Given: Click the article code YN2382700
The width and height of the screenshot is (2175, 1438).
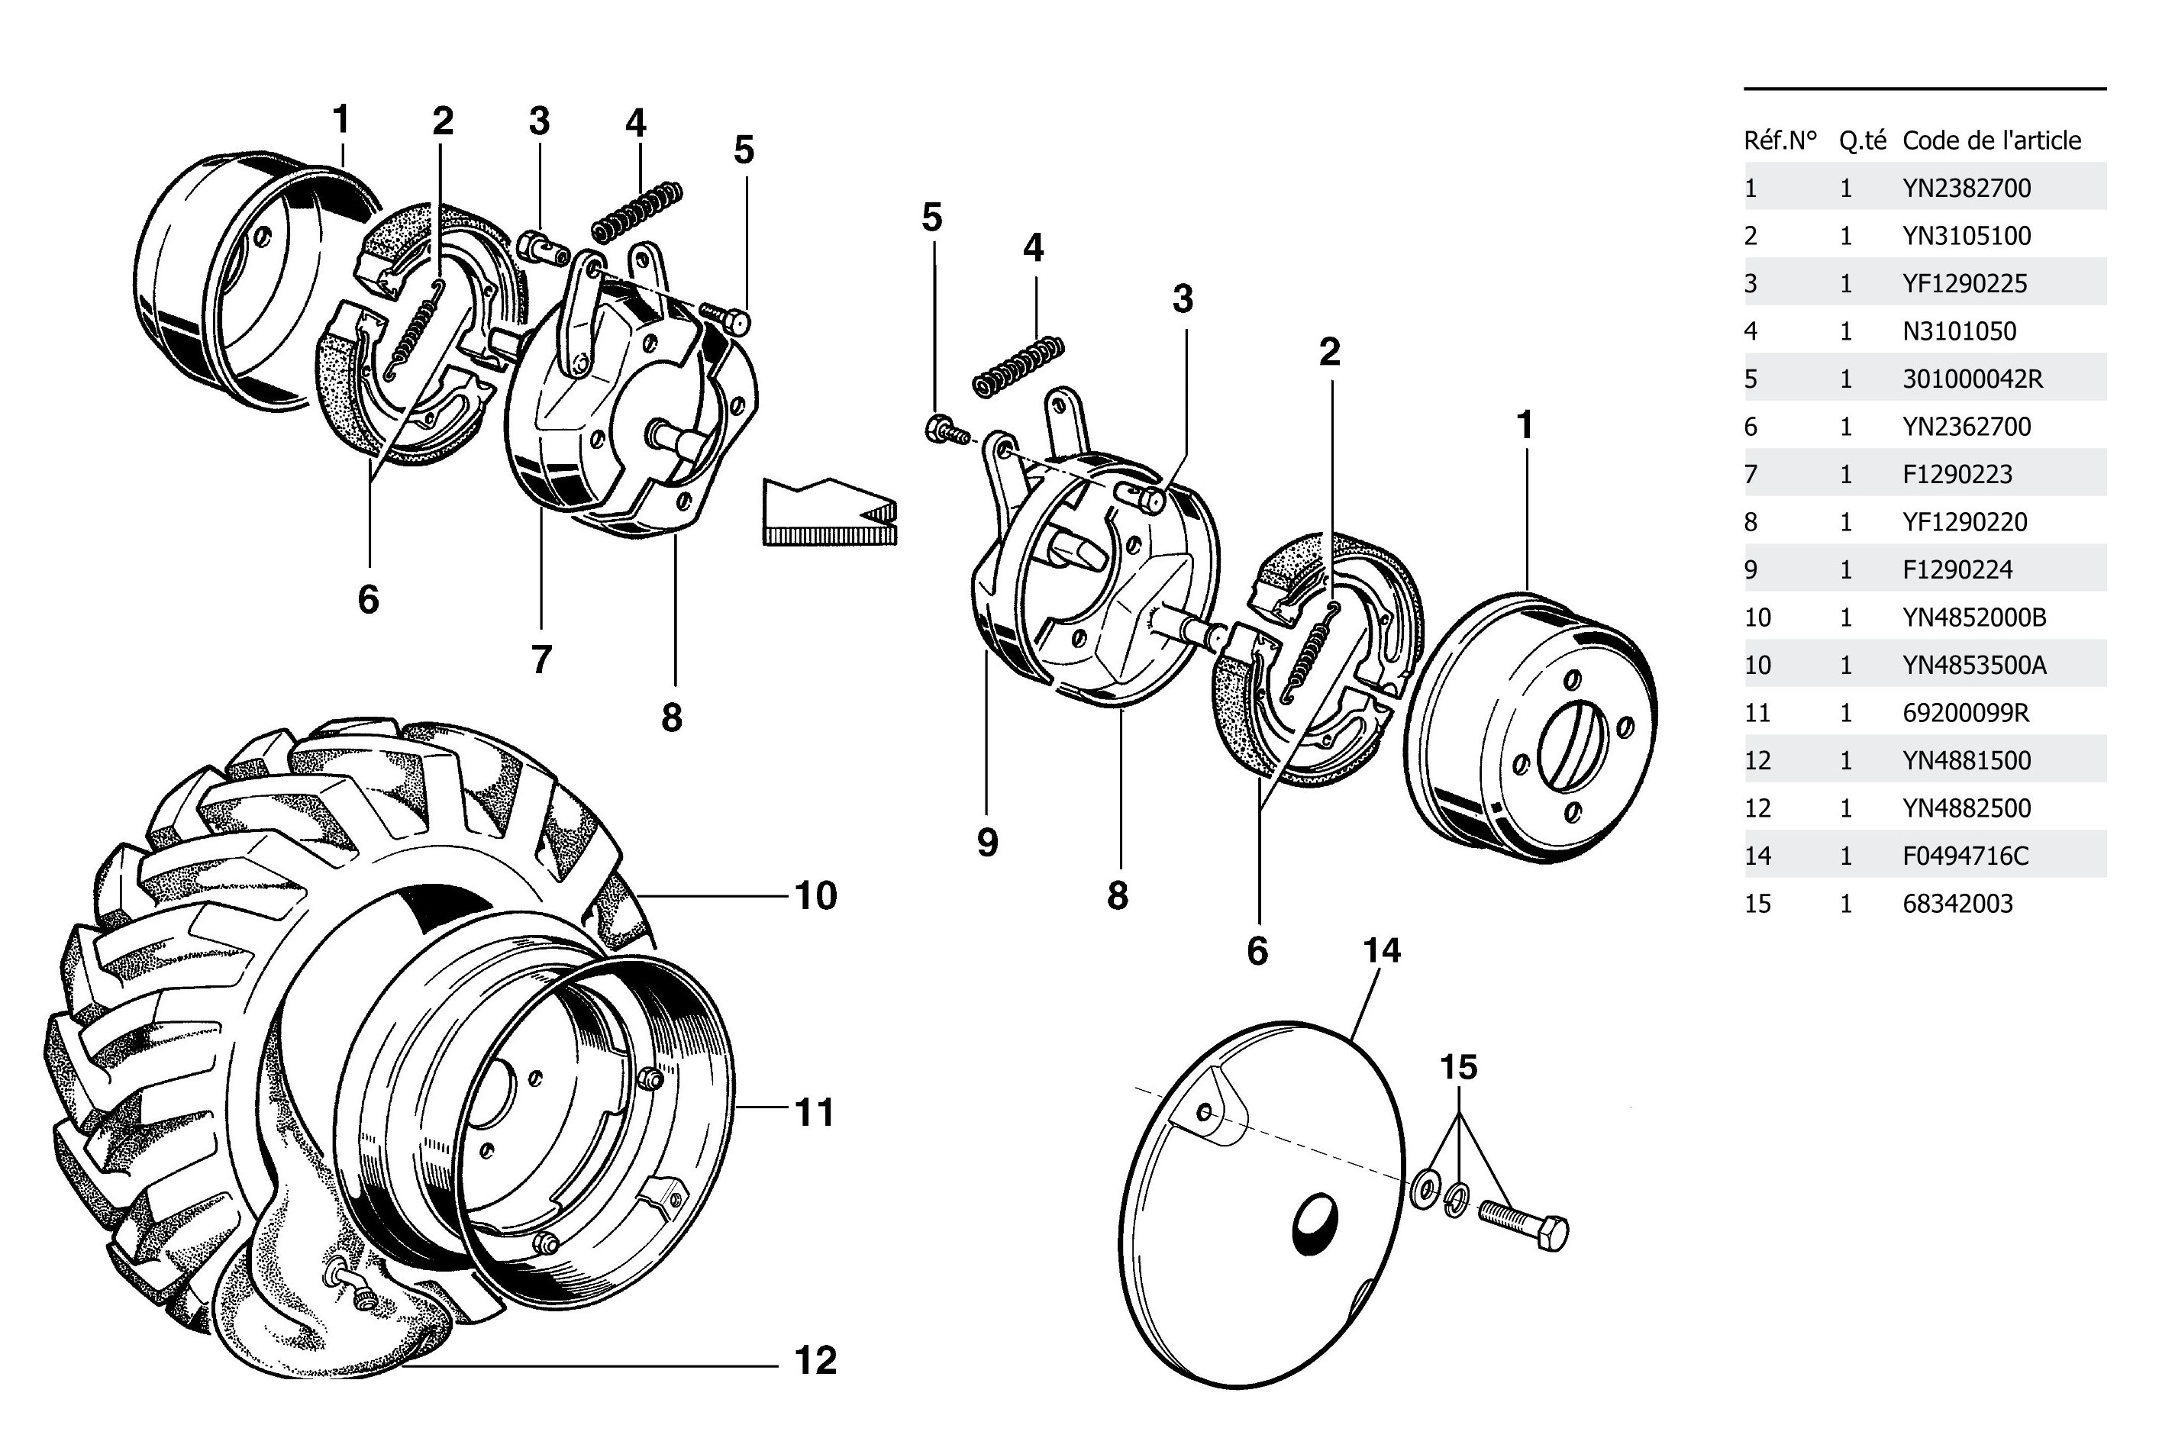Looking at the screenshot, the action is click(1966, 188).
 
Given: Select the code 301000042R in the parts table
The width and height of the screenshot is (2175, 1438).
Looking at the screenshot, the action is click(1972, 379).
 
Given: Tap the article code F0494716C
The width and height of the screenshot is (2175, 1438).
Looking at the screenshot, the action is click(1965, 856).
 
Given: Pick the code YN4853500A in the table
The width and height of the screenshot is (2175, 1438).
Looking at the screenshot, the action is click(1974, 665).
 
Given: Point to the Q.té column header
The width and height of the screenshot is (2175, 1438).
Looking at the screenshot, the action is click(1862, 140).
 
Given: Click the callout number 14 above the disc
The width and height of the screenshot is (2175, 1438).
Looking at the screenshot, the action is click(1382, 951).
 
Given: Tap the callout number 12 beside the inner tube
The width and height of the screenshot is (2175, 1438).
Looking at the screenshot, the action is click(815, 1361).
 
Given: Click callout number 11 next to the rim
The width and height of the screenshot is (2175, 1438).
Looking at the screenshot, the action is click(814, 1112).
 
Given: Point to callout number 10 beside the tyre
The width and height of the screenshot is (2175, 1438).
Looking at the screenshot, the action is click(815, 896).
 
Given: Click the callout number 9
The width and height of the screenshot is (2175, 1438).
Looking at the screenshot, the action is click(987, 842).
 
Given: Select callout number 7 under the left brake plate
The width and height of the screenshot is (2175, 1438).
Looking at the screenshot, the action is click(541, 659).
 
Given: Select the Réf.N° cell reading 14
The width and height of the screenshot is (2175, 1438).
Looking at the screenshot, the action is click(1757, 856).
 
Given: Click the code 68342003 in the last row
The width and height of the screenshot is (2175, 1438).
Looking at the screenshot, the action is click(1957, 904).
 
